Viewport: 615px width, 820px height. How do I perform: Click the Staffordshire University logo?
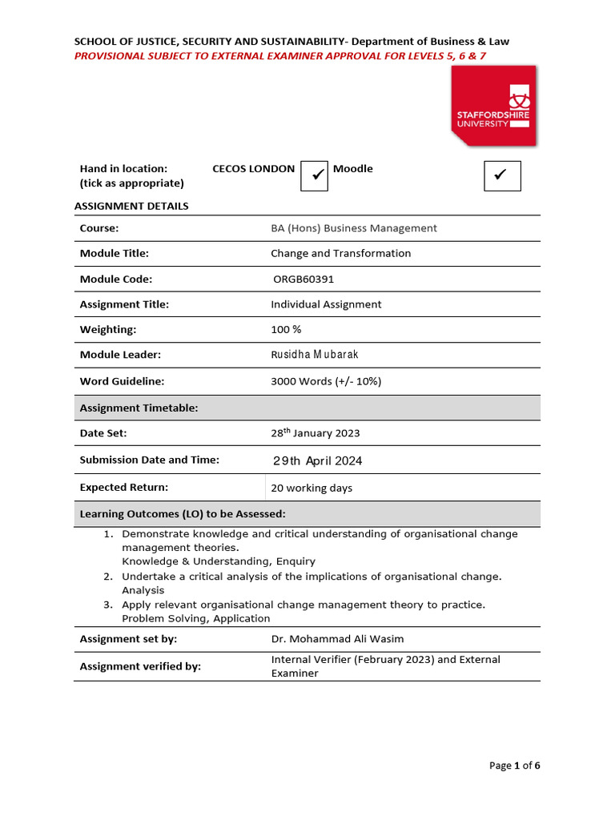pos(493,106)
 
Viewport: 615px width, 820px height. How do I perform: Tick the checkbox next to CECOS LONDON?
pos(314,175)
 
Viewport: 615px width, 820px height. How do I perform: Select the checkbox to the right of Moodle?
pos(502,175)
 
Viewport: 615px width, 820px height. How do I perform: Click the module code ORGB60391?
pos(304,279)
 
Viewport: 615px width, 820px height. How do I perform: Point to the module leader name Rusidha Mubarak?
pos(315,355)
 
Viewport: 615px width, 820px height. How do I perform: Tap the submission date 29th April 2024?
pos(317,460)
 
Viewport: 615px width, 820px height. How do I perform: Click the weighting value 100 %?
pos(286,330)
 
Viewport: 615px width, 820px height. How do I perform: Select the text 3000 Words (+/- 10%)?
pos(326,381)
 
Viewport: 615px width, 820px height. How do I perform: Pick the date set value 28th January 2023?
pos(316,432)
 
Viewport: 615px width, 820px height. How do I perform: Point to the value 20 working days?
pos(312,488)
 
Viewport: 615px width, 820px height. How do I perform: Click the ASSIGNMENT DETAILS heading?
pos(131,206)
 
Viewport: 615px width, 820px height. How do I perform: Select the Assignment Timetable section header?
pos(139,408)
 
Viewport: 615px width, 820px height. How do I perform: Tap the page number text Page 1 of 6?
pos(514,766)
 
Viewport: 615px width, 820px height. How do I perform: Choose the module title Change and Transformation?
pos(340,253)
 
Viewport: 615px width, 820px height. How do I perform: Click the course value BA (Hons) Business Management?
pos(354,228)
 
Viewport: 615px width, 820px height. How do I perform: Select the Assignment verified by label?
pos(140,666)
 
